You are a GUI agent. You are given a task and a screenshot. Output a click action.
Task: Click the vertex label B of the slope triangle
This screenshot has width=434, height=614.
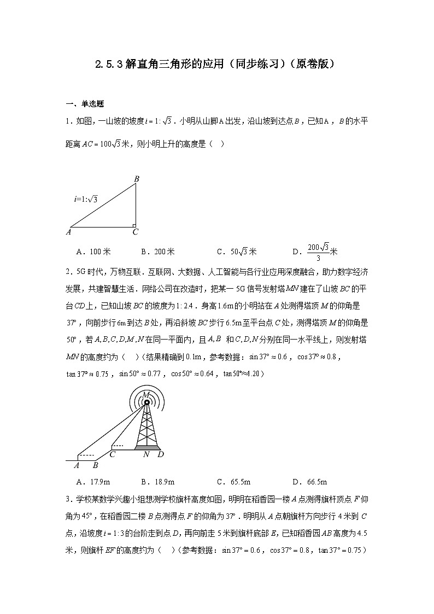click(x=137, y=178)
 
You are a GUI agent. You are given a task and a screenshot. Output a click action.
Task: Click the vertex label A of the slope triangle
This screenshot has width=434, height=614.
click(x=69, y=231)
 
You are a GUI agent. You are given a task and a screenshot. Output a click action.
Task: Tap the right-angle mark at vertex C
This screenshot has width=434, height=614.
click(x=133, y=224)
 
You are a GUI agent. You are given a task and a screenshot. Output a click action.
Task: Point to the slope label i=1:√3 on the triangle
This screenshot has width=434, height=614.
click(x=85, y=200)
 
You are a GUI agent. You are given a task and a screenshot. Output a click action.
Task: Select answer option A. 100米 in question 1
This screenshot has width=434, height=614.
click(x=95, y=252)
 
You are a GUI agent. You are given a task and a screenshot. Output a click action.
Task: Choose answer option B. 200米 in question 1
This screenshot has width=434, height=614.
click(x=158, y=252)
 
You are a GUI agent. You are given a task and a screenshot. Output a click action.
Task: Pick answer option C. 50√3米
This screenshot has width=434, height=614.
click(x=236, y=252)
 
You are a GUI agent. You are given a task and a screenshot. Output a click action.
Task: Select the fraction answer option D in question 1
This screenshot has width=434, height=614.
click(x=315, y=252)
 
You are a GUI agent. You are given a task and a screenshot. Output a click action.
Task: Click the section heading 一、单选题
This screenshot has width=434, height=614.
click(x=85, y=103)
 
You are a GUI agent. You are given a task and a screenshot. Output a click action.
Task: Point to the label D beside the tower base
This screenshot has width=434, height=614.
click(x=160, y=454)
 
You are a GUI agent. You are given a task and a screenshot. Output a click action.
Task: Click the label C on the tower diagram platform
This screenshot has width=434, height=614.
click(x=113, y=453)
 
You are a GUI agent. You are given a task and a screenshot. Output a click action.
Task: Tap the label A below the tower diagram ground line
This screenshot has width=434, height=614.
click(x=77, y=465)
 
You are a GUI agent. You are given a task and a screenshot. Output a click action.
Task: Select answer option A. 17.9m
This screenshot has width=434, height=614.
click(x=95, y=482)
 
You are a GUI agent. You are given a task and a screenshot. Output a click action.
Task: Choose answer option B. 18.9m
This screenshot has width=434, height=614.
click(x=158, y=482)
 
